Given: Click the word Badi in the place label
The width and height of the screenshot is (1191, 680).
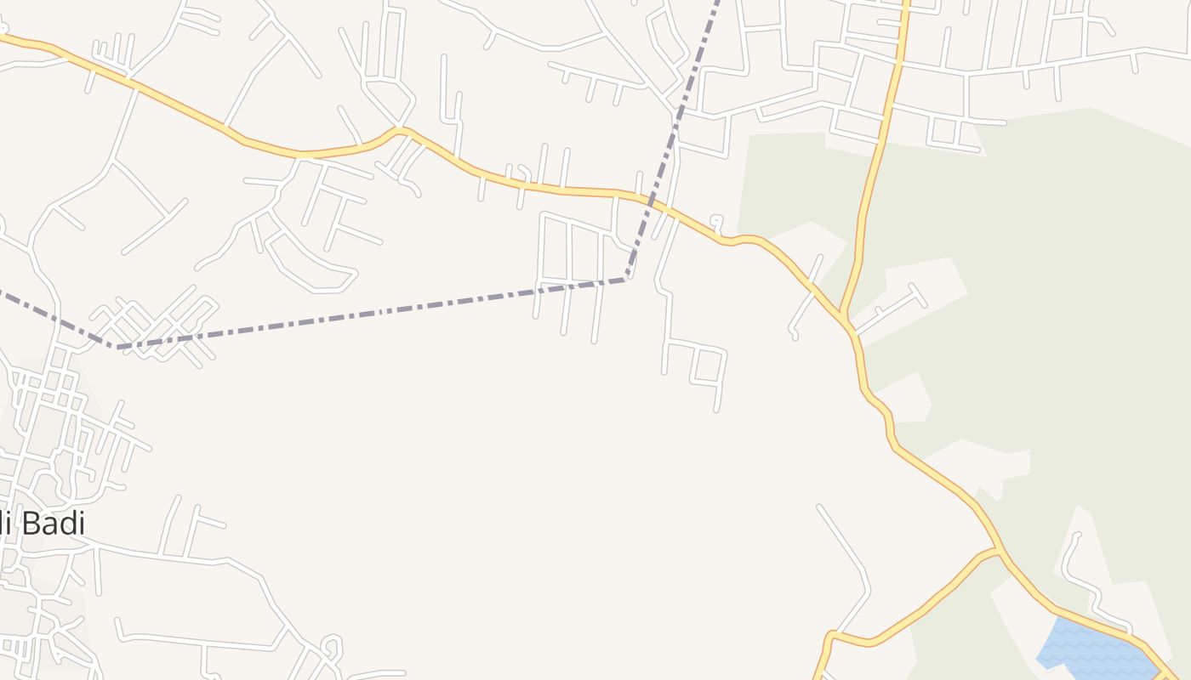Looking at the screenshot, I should tap(53, 524).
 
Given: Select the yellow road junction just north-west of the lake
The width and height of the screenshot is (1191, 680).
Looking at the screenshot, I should tap(1000, 553).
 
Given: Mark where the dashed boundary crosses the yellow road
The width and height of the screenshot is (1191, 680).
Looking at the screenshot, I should tap(656, 205).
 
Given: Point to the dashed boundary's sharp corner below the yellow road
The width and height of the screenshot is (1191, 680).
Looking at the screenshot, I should tap(627, 278).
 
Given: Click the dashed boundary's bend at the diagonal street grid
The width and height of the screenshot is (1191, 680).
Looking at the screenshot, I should tap(117, 347).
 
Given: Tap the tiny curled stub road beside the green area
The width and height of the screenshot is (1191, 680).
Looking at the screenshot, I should tap(717, 223).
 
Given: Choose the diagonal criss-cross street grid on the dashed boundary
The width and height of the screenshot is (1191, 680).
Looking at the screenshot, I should tap(157, 327).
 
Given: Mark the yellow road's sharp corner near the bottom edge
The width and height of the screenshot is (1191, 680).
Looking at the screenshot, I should tap(831, 634).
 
